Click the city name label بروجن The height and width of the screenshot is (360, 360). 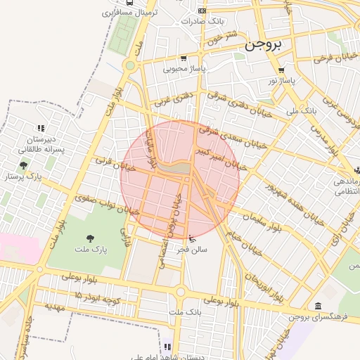(264, 45)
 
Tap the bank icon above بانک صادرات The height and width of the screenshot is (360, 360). (202, 11)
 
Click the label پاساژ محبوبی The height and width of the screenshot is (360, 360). (184, 69)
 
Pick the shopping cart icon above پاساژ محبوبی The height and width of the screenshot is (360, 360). (184, 58)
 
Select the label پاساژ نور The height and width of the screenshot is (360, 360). (282, 81)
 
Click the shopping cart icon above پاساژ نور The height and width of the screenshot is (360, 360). (282, 70)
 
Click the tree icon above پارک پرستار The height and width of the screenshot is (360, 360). (24, 166)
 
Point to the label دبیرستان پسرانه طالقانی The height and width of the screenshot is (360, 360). (41, 144)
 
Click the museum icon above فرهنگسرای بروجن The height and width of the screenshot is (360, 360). (319, 306)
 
